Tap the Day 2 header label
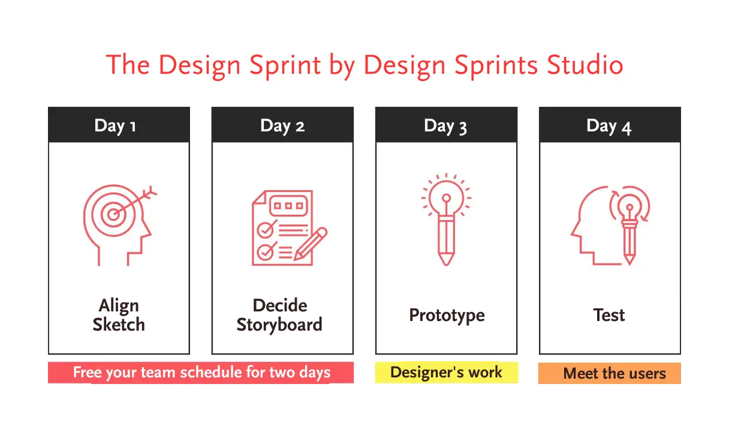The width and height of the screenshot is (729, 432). point(282,126)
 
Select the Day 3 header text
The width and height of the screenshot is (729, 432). point(445,127)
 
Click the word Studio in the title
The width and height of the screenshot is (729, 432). point(585,65)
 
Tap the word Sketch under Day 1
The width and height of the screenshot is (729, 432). point(119,325)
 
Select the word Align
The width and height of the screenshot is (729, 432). point(119,306)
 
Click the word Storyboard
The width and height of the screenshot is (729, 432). point(279,325)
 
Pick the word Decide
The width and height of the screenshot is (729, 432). point(280,305)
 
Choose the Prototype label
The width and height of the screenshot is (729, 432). point(447,316)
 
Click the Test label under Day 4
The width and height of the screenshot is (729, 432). point(609,315)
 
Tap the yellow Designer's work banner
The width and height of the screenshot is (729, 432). point(447,373)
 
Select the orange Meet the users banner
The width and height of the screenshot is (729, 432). point(610,373)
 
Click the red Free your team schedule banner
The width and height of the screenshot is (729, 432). point(201,373)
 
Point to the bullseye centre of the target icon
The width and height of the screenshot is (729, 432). point(113,214)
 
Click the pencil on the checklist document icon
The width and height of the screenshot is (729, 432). point(311,244)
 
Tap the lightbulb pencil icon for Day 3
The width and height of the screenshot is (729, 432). point(446,219)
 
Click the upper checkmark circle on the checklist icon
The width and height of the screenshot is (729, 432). point(266,230)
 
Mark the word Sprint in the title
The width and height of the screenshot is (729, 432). point(285,65)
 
